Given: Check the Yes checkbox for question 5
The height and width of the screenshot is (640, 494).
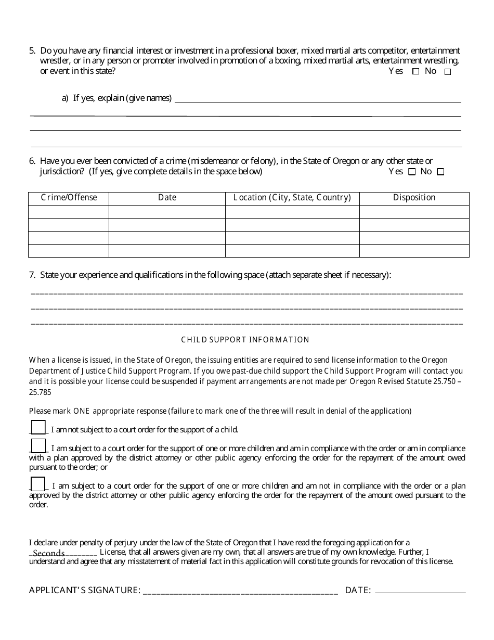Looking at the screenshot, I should (x=415, y=72).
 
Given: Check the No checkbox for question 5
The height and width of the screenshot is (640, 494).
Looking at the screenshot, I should (x=448, y=72).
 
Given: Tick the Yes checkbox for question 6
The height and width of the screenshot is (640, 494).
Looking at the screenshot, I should (x=412, y=172).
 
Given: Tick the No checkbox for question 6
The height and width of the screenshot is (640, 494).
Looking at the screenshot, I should (x=440, y=172).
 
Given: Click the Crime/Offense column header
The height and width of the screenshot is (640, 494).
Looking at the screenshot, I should (x=69, y=198).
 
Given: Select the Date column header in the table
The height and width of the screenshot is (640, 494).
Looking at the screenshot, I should (x=167, y=198).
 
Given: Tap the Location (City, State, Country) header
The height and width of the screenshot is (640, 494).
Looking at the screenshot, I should (x=292, y=198).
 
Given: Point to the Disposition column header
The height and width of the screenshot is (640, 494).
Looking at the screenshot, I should (x=414, y=198).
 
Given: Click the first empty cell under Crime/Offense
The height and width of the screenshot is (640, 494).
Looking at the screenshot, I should (x=69, y=212).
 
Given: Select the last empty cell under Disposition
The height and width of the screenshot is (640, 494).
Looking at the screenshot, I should (x=414, y=251).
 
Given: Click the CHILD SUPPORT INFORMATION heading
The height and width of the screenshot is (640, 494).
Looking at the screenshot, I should (x=245, y=340).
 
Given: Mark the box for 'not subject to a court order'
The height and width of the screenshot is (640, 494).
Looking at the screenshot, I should (x=38, y=427).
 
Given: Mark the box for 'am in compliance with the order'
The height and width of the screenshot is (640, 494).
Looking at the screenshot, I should (x=38, y=446).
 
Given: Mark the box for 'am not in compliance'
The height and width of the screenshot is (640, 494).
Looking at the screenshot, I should (x=38, y=484).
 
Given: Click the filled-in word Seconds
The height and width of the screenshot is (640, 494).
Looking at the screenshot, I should (x=48, y=553).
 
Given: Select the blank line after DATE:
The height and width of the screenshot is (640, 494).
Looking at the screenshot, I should (x=420, y=591).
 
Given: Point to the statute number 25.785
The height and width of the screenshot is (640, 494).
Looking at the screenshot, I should (x=40, y=392).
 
